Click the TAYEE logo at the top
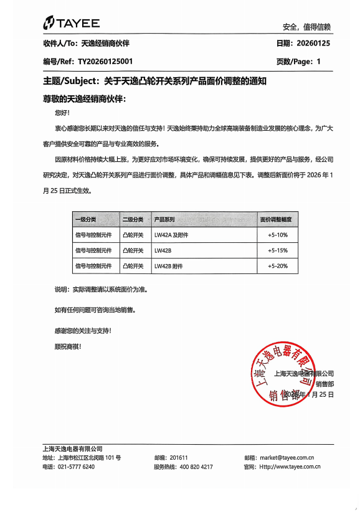coord(71,23)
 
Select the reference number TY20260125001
coord(105,62)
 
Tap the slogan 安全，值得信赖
coord(306,27)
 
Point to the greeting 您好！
coord(63,113)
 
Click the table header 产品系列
coord(164,220)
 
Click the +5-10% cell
coord(277,235)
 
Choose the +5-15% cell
coord(277,250)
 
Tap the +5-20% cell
coord(277,266)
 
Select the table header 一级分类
coord(85,220)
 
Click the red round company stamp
coord(287,374)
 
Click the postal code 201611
coord(179,457)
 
